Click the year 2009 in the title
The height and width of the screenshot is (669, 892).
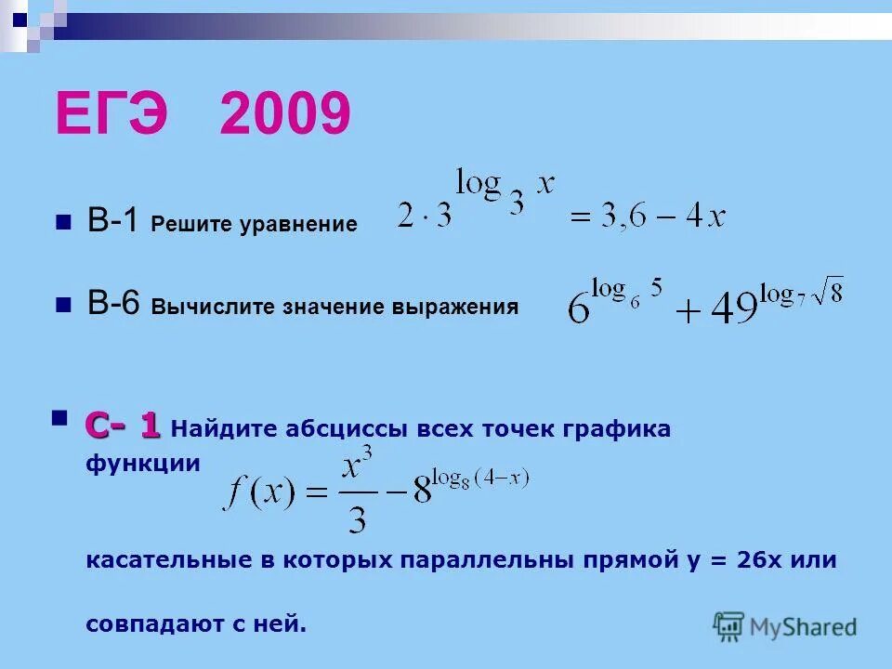(285, 115)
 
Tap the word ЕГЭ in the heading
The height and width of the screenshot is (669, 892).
(117, 115)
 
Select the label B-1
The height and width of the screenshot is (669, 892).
(113, 223)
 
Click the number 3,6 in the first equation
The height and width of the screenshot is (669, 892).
(633, 217)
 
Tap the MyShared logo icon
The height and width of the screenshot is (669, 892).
(729, 625)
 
